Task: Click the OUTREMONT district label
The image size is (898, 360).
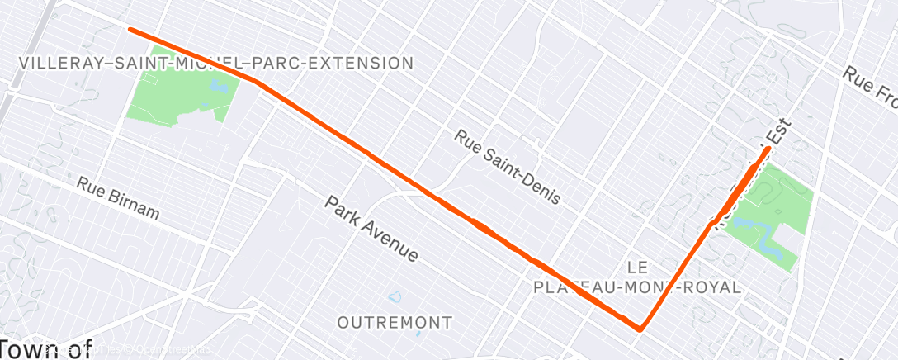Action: (x=395, y=322)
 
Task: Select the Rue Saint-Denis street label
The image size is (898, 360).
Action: (x=507, y=167)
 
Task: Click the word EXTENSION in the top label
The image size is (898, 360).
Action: (x=364, y=63)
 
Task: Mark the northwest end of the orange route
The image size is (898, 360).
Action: (x=130, y=30)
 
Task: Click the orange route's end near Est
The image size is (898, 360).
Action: (x=768, y=149)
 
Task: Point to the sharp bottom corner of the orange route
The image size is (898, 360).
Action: (x=640, y=329)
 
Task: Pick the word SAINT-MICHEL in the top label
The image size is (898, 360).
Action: (x=177, y=63)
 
